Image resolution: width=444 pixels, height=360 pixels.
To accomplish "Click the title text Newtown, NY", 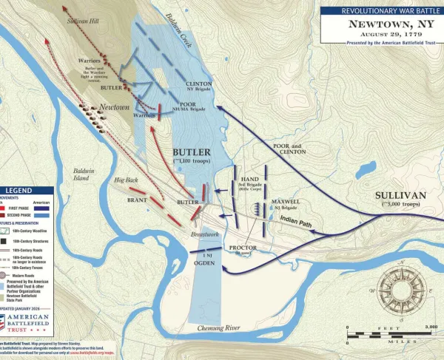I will click(380, 23).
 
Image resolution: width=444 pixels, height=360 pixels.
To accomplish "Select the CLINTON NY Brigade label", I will click(198, 86).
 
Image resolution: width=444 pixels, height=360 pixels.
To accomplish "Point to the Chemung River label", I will click(221, 327).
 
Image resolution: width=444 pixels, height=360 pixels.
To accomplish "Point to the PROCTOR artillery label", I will click(243, 248).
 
